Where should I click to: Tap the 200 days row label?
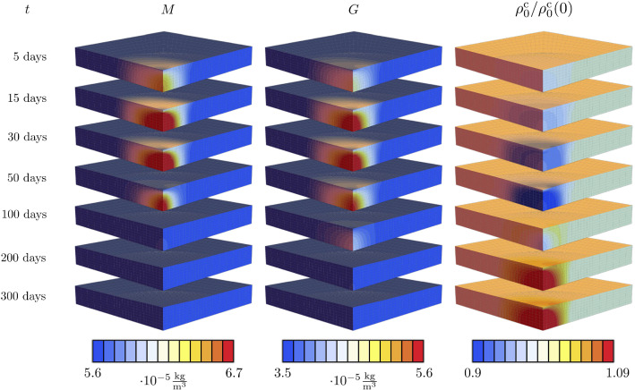pyautogui.click(x=31, y=258)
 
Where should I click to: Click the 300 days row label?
pyautogui.click(x=31, y=296)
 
